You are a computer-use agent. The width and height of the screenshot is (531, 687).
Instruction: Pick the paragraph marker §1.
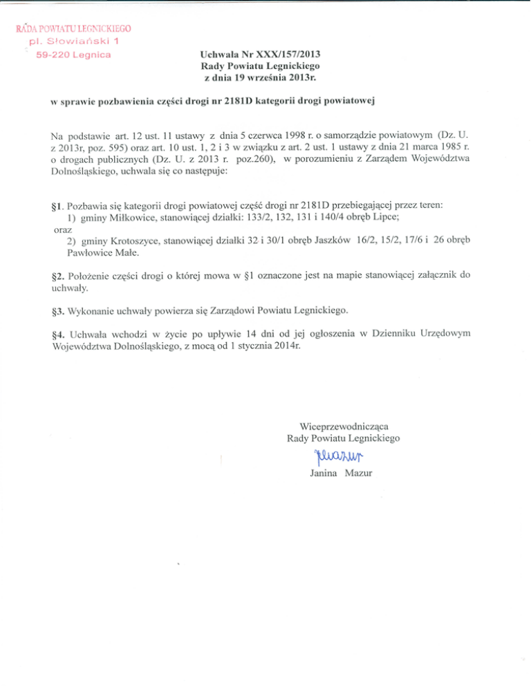50,205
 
